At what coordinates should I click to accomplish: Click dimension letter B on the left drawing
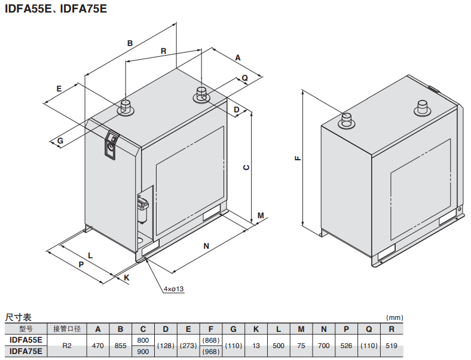130,42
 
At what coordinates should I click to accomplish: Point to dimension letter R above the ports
163,51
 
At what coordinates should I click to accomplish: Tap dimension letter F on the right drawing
297,159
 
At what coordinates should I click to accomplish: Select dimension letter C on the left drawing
245,167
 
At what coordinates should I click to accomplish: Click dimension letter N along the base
206,246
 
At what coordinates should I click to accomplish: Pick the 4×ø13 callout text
173,289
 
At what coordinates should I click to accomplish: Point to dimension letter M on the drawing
260,215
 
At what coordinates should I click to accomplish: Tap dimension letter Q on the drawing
244,78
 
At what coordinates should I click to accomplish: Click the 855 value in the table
120,346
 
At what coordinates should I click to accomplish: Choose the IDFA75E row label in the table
26,351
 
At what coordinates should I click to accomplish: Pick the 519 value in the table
391,346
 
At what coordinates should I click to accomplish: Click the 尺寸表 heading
18,317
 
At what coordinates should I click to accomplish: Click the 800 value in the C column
143,340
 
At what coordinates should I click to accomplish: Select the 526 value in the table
346,346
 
